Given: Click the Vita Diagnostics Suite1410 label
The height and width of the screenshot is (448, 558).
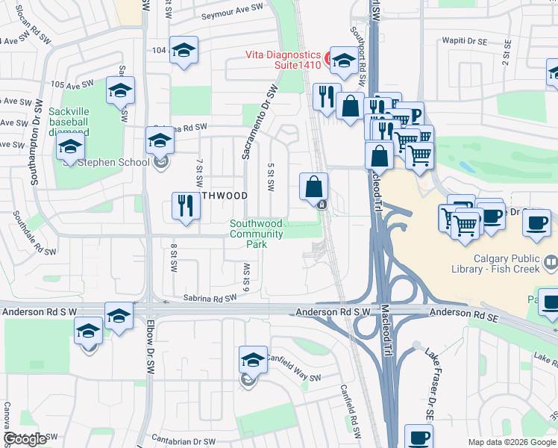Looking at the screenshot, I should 283,60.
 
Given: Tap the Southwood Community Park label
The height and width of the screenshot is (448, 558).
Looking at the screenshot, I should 257,234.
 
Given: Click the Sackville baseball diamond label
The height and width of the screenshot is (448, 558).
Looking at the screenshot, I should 68,122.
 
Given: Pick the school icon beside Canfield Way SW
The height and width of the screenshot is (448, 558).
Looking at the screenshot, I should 253,360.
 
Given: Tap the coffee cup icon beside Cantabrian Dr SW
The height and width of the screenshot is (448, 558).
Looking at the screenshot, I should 418,436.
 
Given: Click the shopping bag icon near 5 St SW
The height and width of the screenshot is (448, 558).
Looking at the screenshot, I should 314,187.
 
